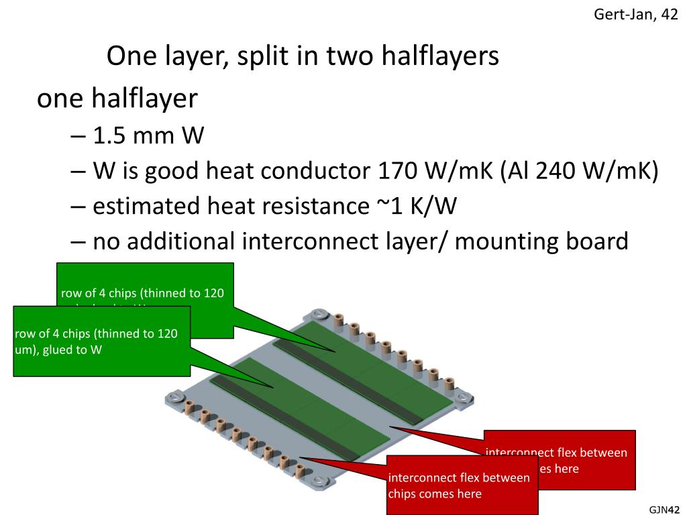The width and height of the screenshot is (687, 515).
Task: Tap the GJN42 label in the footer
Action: click(665, 509)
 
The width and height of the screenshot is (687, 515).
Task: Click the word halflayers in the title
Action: click(440, 56)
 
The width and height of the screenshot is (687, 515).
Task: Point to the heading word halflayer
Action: click(145, 99)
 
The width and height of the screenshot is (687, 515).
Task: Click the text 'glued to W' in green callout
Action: click(72, 349)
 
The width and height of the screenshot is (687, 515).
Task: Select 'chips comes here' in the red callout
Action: click(435, 494)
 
